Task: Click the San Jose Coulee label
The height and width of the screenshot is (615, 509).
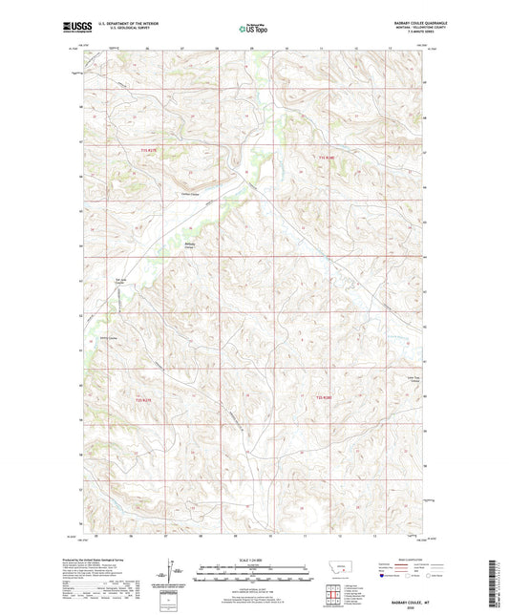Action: click(x=120, y=282)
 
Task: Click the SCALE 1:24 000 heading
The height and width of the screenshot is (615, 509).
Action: click(x=254, y=560)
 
